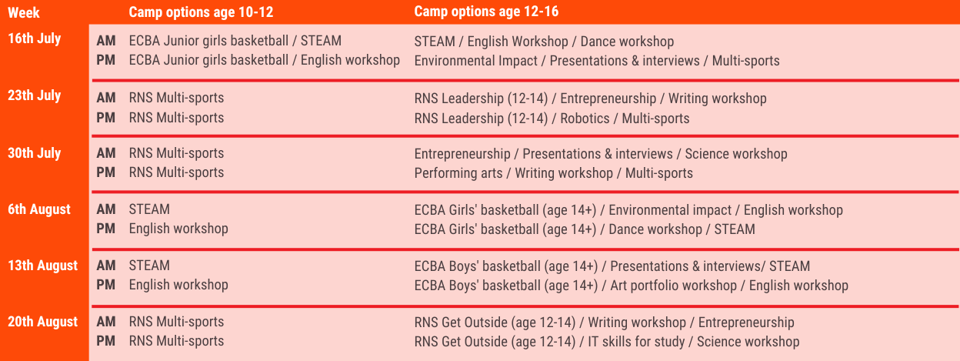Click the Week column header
tap(24, 13)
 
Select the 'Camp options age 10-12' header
tap(201, 12)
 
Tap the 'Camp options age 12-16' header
tap(486, 12)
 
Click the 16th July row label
tap(35, 38)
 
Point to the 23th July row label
tap(35, 95)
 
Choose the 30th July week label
tap(35, 153)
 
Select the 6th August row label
tap(39, 209)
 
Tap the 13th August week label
tap(42, 266)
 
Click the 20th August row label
tap(42, 322)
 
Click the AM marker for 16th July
tap(106, 41)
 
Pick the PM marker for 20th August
tap(106, 341)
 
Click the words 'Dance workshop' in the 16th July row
tap(628, 42)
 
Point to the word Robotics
tap(585, 119)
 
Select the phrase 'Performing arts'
tap(458, 173)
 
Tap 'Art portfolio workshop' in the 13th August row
tap(673, 286)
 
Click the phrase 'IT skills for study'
tap(636, 342)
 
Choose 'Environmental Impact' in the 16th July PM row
tap(475, 61)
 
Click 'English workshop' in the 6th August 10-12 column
tap(178, 229)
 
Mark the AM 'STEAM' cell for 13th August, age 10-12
tap(149, 266)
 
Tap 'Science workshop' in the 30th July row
tap(736, 154)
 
